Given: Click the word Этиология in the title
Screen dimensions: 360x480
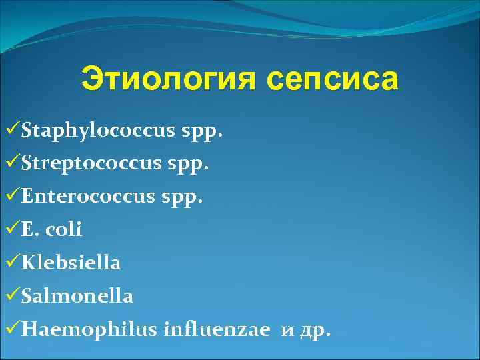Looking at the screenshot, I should pos(166,79).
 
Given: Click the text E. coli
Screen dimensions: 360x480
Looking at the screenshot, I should pos(51,229).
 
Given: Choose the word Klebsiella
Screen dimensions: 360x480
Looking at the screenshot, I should pos(71,263).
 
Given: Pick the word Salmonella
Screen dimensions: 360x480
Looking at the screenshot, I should pos(77,295).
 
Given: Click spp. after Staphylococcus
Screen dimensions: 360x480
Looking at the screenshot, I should pos(201,131).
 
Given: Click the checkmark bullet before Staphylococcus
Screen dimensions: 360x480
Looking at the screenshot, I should pos(11,130).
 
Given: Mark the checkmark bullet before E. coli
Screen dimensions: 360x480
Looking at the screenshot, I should pos(11,229).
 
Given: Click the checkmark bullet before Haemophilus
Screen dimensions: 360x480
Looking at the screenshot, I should pos(11,328).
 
